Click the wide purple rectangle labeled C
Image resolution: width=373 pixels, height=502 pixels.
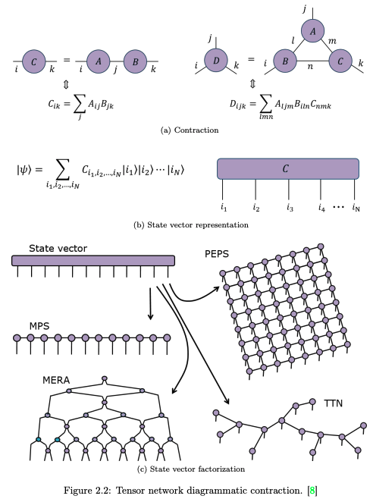coord(287,168)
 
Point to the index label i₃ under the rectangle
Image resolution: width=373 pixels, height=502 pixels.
coord(289,206)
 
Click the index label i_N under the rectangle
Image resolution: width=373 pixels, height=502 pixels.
coord(355,206)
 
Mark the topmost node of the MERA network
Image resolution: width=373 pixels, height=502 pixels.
coord(105,378)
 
